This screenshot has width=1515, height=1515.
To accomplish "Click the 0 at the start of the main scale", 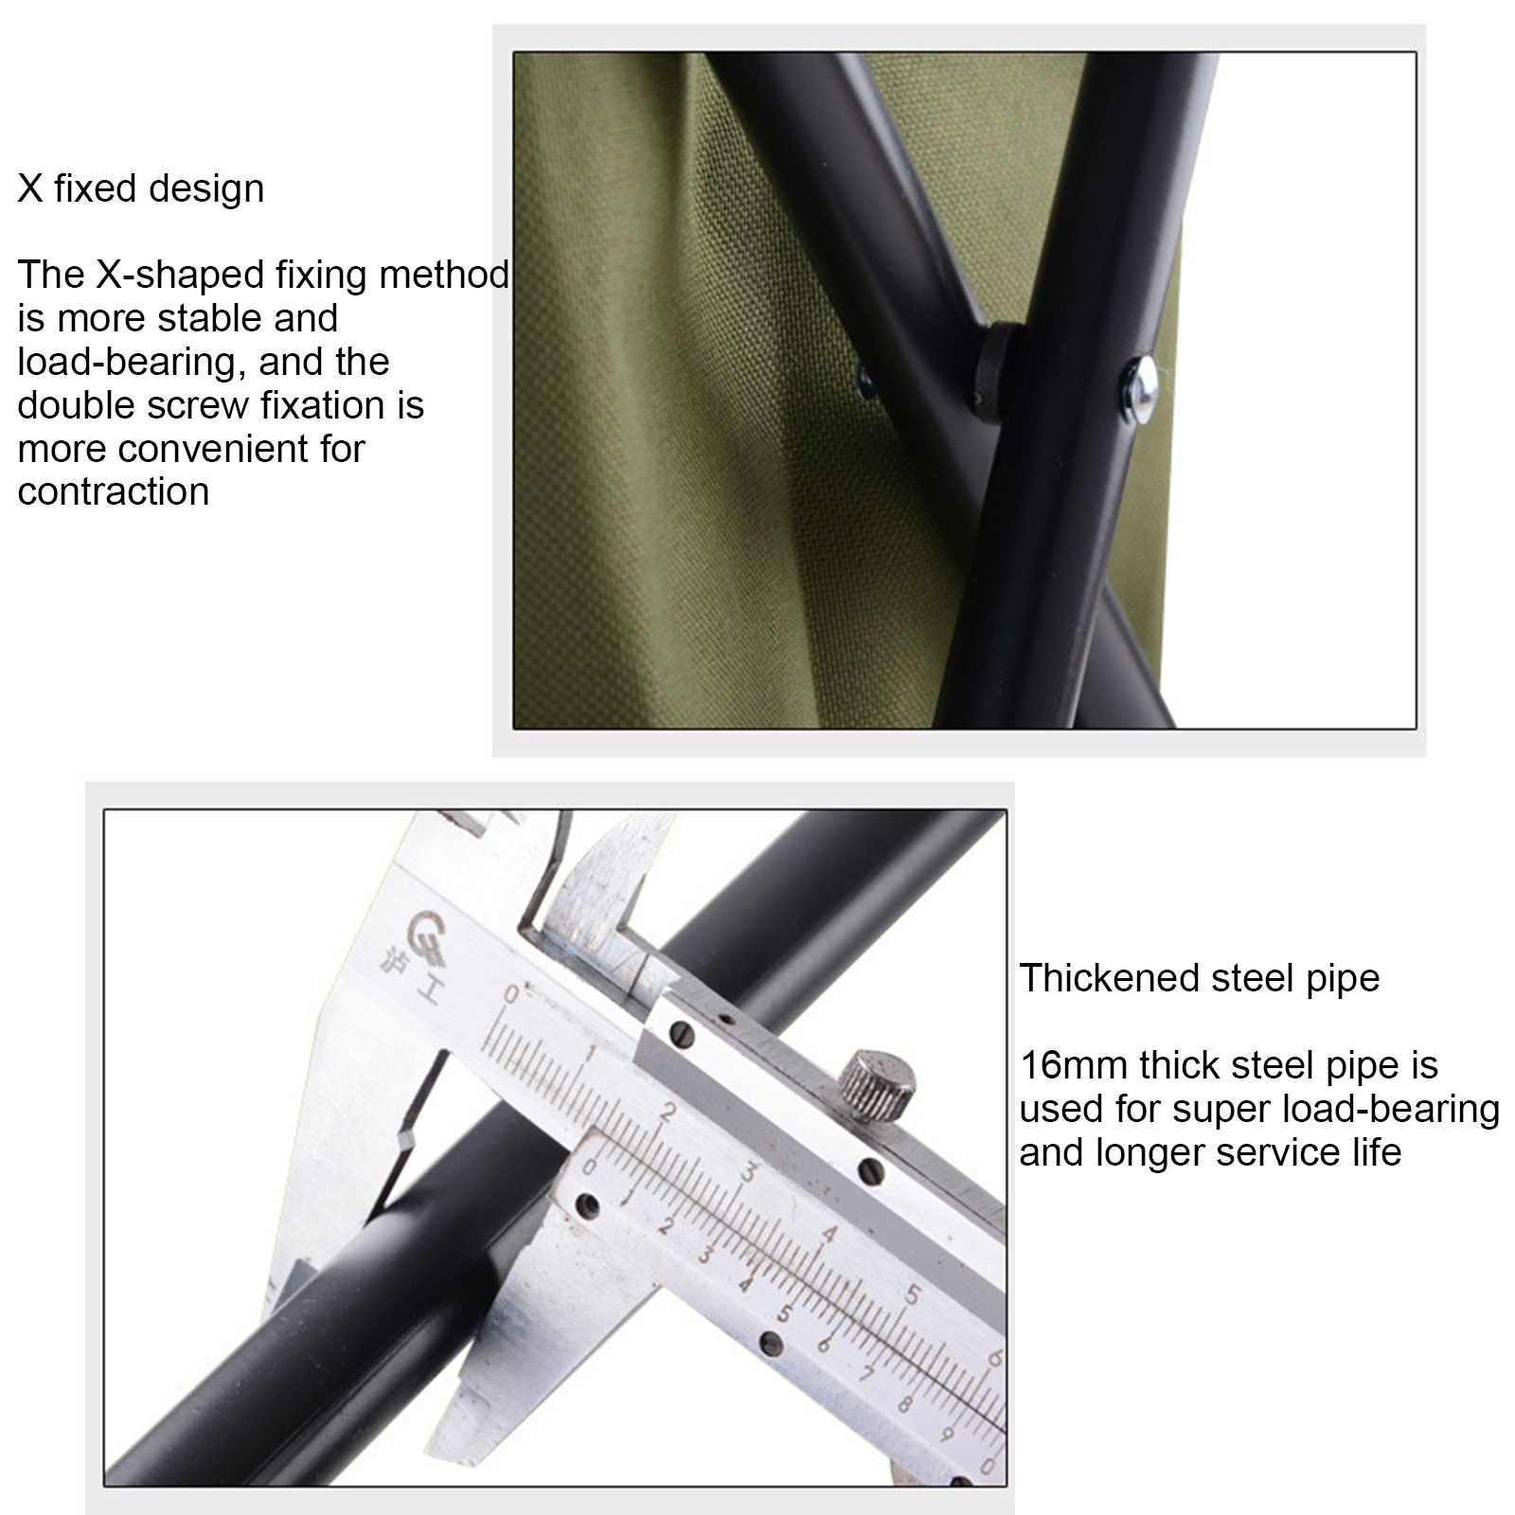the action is tap(513, 995).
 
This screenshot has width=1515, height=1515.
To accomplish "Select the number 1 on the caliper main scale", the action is tap(590, 1054).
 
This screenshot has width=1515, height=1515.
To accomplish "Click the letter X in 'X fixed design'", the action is tap(30, 188).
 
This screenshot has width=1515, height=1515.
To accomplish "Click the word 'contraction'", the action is tap(114, 492).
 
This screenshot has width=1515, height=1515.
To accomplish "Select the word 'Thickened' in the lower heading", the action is tap(1099, 978).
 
